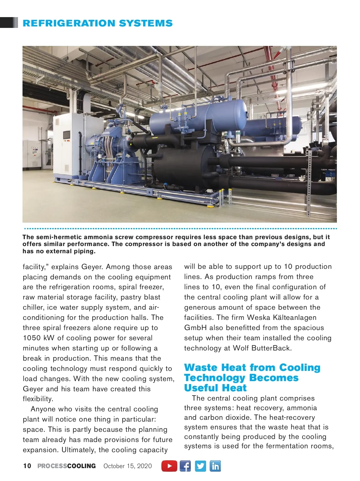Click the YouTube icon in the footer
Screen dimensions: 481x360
coord(169,466)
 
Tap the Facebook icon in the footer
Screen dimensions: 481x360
coord(185,466)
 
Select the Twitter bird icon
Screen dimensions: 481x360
coord(200,466)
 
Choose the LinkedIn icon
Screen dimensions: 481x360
coord(215,466)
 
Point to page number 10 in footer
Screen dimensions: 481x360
coord(27,466)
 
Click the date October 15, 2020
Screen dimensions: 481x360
coord(127,466)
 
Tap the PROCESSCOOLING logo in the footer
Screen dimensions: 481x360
coord(67,466)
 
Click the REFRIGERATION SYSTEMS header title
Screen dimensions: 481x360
coord(97,23)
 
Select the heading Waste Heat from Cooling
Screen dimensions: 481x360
coord(252,368)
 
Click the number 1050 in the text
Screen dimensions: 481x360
coord(32,338)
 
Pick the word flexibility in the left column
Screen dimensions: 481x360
coord(37,399)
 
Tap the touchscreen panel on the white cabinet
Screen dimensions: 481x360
coord(66,135)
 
